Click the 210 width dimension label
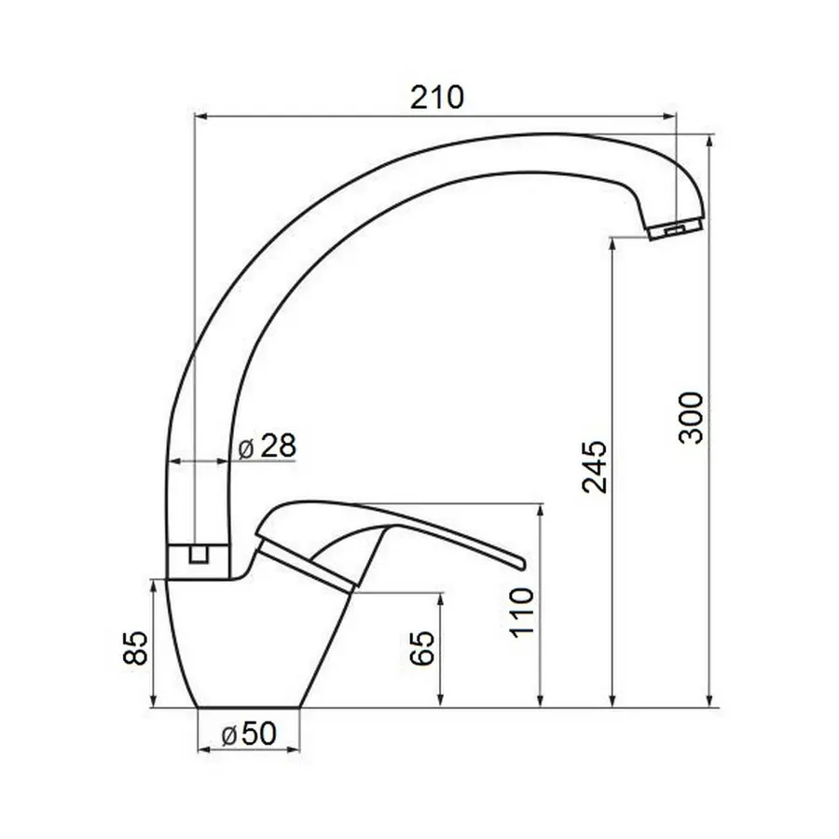pyautogui.click(x=436, y=96)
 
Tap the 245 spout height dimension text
pyautogui.click(x=594, y=466)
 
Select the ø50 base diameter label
pyautogui.click(x=249, y=736)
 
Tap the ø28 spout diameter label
pyautogui.click(x=267, y=447)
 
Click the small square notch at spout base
pyautogui.click(x=197, y=555)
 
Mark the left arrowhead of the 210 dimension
pyautogui.click(x=197, y=117)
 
